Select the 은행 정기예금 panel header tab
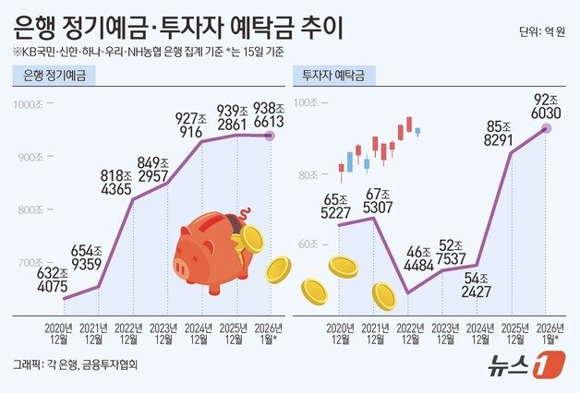[54, 78]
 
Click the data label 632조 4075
[51, 280]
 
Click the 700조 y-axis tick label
[30, 263]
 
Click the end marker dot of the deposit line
[269, 136]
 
